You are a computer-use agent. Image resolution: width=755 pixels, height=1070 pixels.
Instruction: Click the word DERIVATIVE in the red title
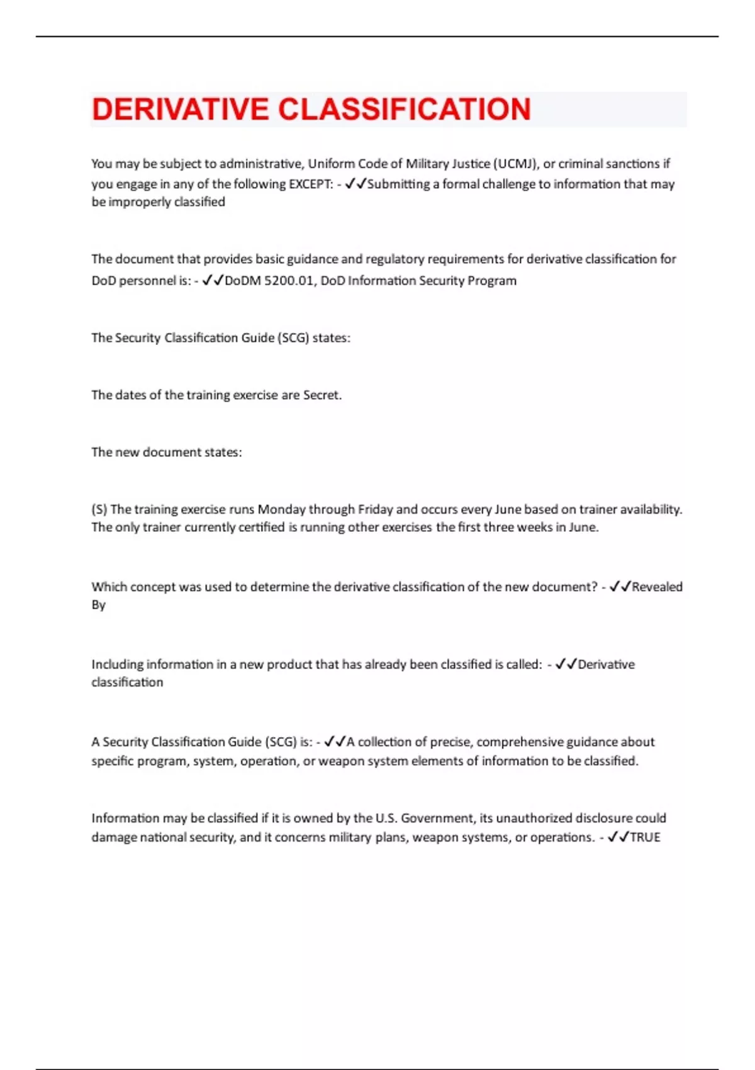pos(180,110)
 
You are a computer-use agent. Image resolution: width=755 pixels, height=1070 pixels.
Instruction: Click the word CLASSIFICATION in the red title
pos(405,110)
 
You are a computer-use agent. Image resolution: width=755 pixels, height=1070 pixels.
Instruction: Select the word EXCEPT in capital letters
pos(311,184)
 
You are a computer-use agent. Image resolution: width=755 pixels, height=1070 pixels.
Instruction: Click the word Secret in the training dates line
pos(322,395)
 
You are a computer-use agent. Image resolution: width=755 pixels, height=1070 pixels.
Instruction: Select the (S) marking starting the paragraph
pos(99,509)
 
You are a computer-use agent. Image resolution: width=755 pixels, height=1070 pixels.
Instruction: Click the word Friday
pos(375,509)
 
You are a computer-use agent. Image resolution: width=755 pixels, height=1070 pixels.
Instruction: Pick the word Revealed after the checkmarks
pos(657,587)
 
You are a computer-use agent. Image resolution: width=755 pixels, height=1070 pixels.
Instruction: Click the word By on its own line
pos(99,605)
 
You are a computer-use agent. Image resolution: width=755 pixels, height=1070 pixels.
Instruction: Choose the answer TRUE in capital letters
pos(645,838)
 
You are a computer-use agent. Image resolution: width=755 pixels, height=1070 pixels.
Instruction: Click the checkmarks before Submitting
pos(355,184)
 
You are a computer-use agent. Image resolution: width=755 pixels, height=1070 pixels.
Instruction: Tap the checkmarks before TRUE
pos(618,838)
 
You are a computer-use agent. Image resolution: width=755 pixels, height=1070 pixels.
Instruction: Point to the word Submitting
pos(398,184)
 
